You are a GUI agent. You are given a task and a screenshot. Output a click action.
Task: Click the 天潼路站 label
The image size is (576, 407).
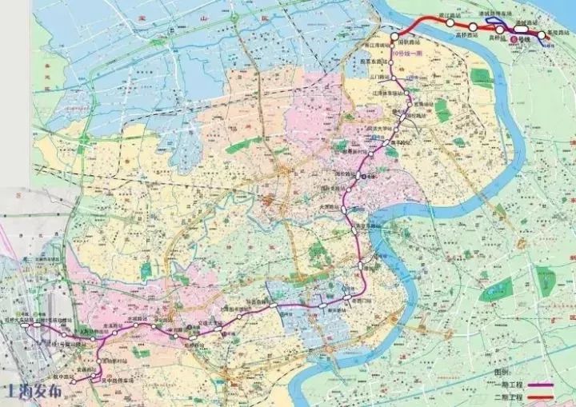click(354, 205)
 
